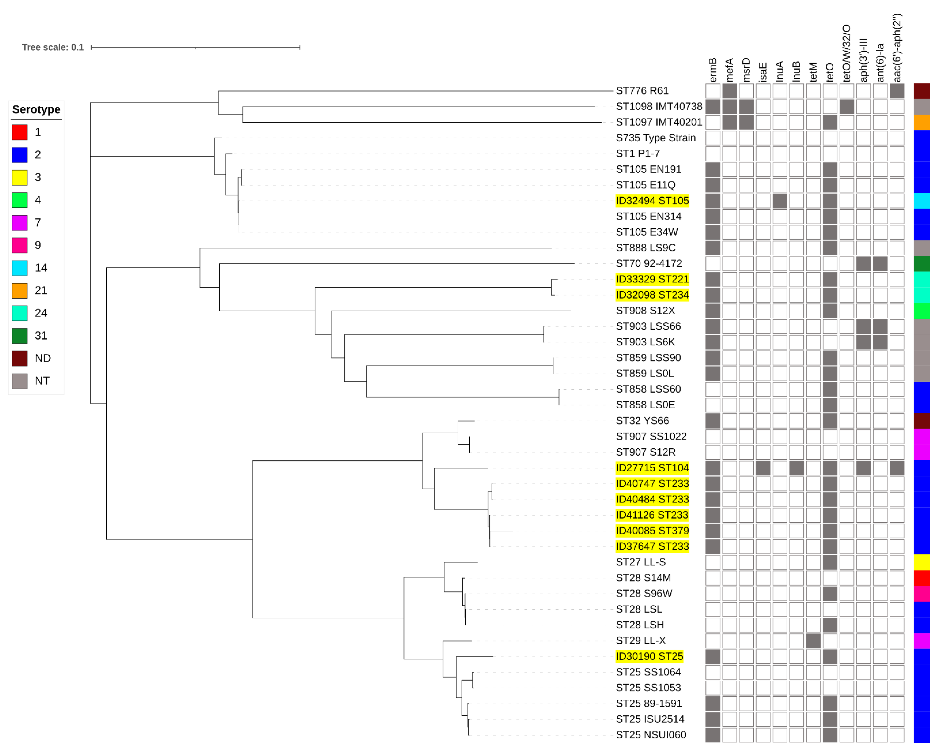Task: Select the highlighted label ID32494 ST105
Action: click(652, 201)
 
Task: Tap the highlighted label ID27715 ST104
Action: click(652, 468)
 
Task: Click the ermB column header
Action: click(713, 70)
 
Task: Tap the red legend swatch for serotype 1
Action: click(20, 132)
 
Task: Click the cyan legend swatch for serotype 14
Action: click(20, 268)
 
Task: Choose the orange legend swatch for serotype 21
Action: click(20, 290)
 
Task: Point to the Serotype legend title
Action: click(36, 109)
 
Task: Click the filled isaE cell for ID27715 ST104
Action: click(763, 468)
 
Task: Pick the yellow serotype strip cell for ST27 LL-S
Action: click(921, 562)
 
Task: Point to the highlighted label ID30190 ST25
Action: click(649, 656)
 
